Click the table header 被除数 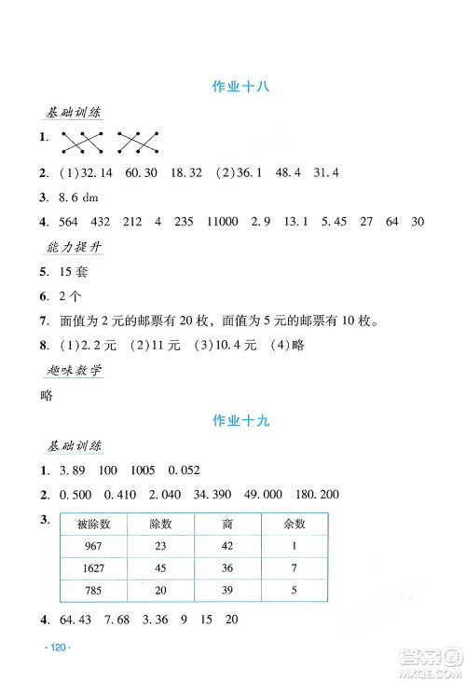(93, 525)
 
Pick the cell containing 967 (93, 548)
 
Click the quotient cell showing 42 (227, 548)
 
